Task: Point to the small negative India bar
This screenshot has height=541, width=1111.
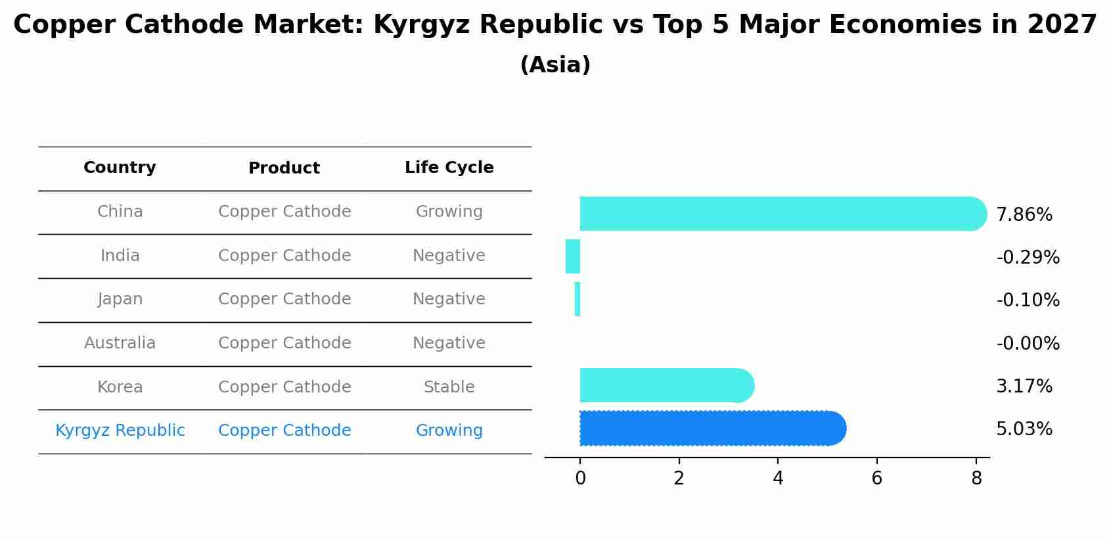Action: (x=573, y=256)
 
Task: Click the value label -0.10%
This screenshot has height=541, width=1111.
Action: (x=1028, y=300)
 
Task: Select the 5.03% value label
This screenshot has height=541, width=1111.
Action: (x=1024, y=429)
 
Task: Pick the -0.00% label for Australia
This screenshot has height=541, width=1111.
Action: (x=1028, y=343)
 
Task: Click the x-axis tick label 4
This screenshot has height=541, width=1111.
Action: (x=778, y=479)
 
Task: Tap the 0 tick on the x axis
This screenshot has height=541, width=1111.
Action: (x=580, y=479)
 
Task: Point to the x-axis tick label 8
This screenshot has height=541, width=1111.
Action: (x=976, y=479)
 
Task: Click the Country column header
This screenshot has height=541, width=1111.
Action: (x=120, y=168)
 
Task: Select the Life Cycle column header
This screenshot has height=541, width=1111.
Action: (x=449, y=168)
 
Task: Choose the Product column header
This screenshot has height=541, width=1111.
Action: (x=284, y=168)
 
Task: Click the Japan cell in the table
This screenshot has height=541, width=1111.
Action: (x=120, y=299)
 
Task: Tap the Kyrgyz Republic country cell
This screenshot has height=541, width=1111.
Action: (x=120, y=431)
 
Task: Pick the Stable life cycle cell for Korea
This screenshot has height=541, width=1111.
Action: (x=449, y=387)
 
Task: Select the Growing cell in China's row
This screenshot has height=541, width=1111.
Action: (x=449, y=212)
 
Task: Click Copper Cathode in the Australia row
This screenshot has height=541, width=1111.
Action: (x=284, y=343)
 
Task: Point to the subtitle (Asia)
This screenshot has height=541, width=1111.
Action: (x=555, y=65)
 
